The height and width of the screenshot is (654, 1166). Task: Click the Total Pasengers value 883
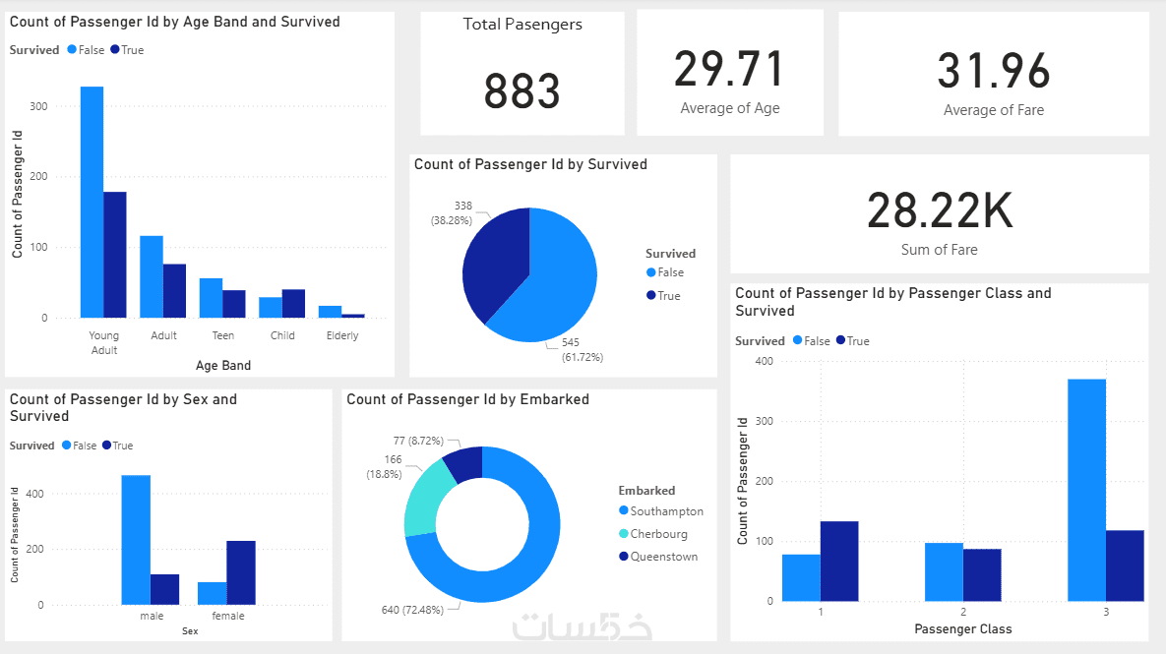tap(522, 91)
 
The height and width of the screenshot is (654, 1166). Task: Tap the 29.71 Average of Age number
tap(729, 70)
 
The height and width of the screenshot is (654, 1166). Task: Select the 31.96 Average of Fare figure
tap(993, 72)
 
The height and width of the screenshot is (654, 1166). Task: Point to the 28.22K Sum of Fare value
tap(939, 210)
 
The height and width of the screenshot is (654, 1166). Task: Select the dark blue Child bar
tap(293, 304)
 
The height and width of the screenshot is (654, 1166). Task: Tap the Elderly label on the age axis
tap(342, 335)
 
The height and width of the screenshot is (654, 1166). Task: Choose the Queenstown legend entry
tap(663, 557)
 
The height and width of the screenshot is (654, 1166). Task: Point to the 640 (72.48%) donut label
tap(419, 610)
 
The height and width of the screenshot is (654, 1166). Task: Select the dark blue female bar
tap(241, 572)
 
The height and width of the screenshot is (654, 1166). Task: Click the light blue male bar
tap(136, 540)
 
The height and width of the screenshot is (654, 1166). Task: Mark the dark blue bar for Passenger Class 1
tap(839, 561)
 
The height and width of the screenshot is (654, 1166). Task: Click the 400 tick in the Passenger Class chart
tap(765, 361)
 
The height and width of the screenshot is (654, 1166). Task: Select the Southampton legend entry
tap(666, 511)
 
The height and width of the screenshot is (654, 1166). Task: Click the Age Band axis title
tap(223, 366)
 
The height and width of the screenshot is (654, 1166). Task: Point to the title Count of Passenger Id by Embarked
tap(467, 399)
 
